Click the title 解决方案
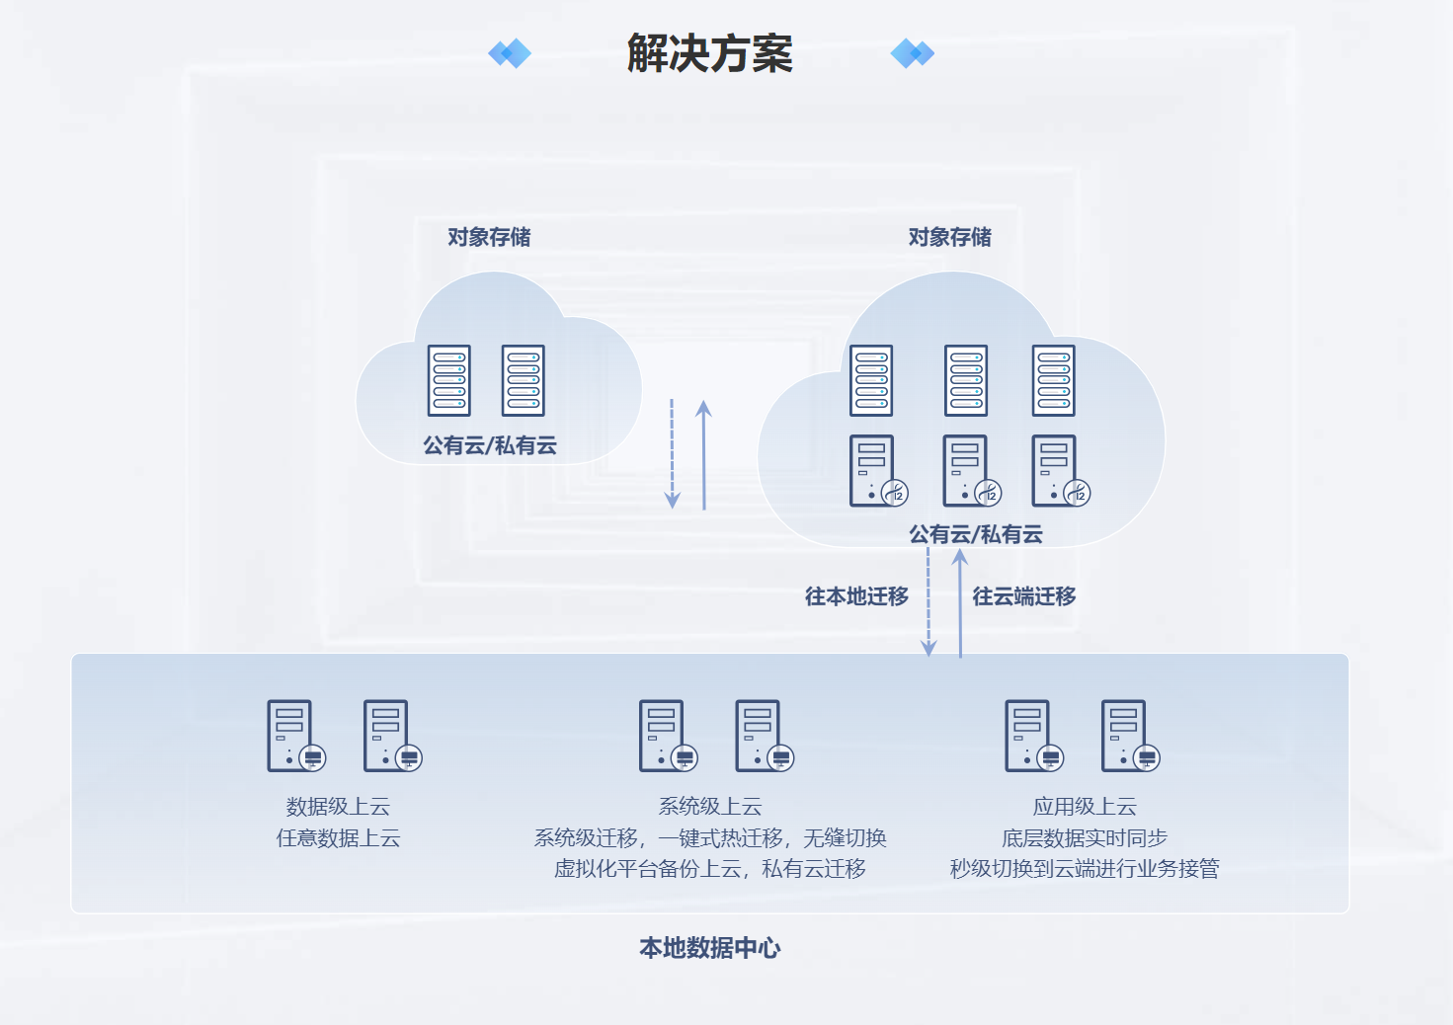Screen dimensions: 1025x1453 tap(709, 53)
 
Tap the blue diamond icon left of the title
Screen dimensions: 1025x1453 tap(510, 53)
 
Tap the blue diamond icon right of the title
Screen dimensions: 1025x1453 tap(912, 53)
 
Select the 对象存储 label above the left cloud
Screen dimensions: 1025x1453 tap(489, 237)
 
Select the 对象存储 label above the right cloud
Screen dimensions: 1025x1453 tap(949, 237)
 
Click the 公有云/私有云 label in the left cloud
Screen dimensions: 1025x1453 tap(490, 445)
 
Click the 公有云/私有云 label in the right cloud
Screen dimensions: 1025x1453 tap(976, 534)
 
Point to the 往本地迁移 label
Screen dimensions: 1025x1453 tap(856, 596)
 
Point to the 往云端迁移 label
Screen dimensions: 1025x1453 tap(1024, 596)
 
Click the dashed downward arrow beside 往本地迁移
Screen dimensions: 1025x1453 tap(928, 602)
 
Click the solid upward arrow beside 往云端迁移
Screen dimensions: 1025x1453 tap(960, 602)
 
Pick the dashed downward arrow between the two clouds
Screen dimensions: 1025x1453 tap(672, 454)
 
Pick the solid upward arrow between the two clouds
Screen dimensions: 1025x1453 tap(704, 454)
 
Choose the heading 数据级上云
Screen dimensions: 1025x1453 tap(338, 807)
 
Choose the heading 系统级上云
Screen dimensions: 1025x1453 tap(710, 807)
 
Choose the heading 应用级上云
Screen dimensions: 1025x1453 tap(1085, 807)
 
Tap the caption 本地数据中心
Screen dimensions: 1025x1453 tap(709, 948)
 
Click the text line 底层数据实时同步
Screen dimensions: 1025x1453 tap(1085, 838)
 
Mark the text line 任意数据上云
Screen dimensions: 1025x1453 tap(338, 838)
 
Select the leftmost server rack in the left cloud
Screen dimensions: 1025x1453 tap(449, 380)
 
